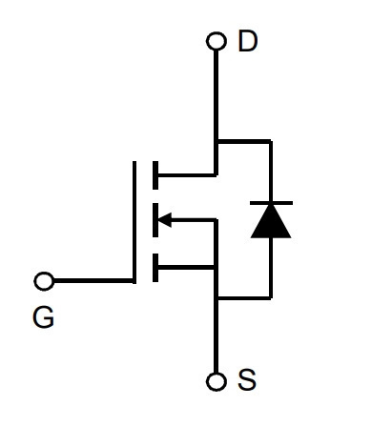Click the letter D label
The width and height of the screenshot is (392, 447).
coord(247,41)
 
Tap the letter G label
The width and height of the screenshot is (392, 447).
coord(44,317)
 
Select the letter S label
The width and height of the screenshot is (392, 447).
coord(247,379)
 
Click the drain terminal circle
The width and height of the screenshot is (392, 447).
coord(217,41)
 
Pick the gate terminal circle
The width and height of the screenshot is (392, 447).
coord(44,281)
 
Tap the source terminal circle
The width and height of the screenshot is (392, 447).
coord(217,381)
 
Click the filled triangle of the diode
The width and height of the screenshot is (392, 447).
coord(271,221)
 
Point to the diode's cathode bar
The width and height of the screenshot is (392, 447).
coord(271,203)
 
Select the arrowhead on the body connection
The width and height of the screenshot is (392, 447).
coord(165,219)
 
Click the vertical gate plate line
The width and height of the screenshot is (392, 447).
coord(134,222)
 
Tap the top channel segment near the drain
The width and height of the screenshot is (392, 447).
coord(155,175)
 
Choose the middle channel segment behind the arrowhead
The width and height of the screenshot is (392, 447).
coord(155,220)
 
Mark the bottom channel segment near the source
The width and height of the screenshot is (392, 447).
coord(155,268)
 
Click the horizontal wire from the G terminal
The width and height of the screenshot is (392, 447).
coord(93,281)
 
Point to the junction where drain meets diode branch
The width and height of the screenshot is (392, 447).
coord(217,141)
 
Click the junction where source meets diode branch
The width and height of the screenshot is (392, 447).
coord(217,297)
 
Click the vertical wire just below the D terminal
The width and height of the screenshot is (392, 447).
coord(217,94)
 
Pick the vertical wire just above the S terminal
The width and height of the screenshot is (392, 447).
coord(217,336)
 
